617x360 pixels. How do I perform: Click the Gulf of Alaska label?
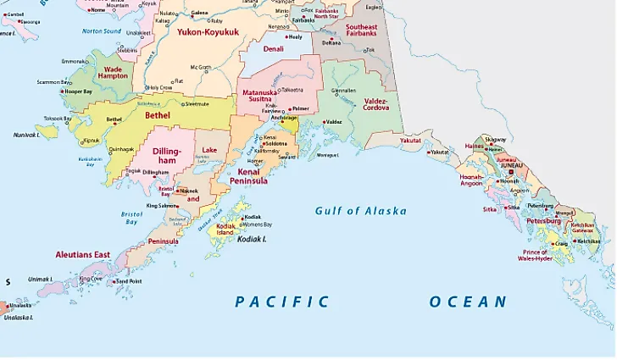click(360, 211)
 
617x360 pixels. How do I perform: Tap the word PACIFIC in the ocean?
click(281, 302)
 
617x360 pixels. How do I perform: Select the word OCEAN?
click(468, 302)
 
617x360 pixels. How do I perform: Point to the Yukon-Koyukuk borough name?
click(208, 32)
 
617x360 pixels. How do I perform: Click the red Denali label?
click(273, 50)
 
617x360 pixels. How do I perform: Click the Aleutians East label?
click(83, 254)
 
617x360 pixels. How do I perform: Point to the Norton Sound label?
click(102, 30)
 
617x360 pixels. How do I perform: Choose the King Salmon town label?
click(162, 206)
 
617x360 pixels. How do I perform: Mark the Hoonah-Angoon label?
click(471, 180)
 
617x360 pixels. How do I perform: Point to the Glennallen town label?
click(344, 90)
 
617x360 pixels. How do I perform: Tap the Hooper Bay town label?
click(77, 90)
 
